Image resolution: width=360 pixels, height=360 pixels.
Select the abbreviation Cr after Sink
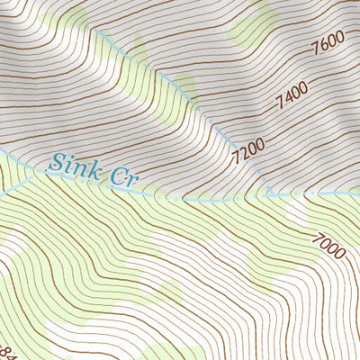click(x=127, y=176)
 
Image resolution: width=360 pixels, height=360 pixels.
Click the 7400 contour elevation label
click(x=292, y=94)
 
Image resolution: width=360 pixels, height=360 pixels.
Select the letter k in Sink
click(x=88, y=168)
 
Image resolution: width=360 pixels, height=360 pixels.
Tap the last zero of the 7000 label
click(x=338, y=255)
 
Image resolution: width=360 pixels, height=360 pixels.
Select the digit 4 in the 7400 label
click(x=288, y=98)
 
